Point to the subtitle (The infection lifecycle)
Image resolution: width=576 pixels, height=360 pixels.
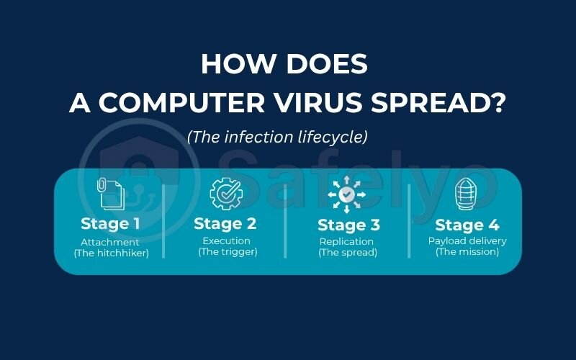click(x=277, y=137)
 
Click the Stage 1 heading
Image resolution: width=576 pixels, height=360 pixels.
click(x=110, y=223)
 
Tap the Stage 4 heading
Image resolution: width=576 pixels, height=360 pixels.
click(x=467, y=225)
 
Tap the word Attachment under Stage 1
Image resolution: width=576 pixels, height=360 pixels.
click(x=111, y=241)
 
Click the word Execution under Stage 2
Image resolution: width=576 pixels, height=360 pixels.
click(x=227, y=240)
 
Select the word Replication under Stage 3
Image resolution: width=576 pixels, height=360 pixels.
click(x=347, y=241)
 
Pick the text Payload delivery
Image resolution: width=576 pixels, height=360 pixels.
click(x=467, y=240)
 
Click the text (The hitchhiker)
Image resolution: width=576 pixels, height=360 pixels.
click(x=111, y=253)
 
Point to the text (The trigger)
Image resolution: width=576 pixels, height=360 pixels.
click(x=228, y=252)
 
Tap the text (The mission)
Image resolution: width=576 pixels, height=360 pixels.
click(x=467, y=252)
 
